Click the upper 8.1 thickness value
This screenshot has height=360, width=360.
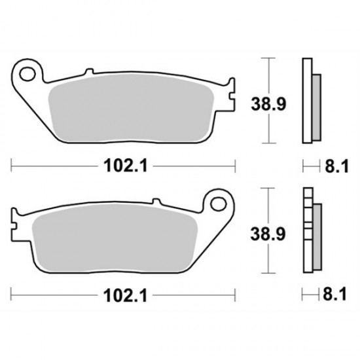[x=332, y=166]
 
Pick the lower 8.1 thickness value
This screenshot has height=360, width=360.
[x=332, y=295]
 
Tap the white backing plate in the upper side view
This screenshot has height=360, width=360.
[x=306, y=101]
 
